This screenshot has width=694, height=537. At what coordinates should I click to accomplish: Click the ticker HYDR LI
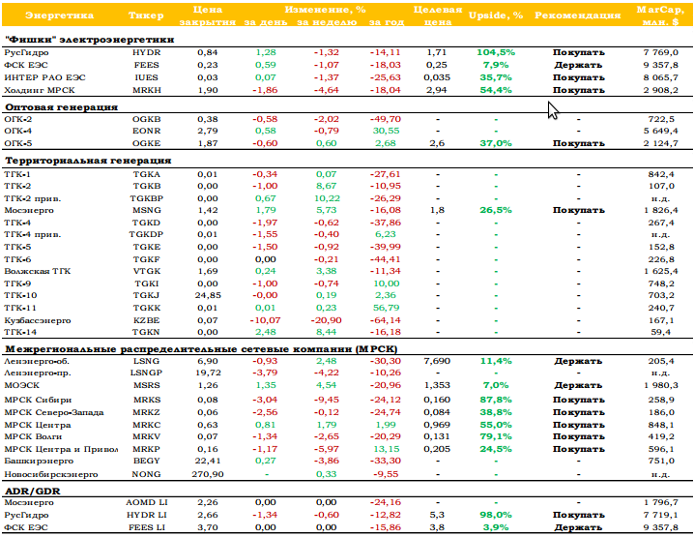[x=147, y=515]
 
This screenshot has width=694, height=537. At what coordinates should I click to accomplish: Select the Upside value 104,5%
[x=496, y=52]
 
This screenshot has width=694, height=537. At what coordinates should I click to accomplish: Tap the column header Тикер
[x=146, y=15]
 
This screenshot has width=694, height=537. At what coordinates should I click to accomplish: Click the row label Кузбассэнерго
[x=38, y=320]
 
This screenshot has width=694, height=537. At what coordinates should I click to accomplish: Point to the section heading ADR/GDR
[x=32, y=491]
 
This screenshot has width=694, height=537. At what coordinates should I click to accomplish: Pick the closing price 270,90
[x=208, y=474]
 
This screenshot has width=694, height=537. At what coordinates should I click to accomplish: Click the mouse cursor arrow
[x=552, y=110]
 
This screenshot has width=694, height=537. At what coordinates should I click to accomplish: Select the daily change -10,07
[x=265, y=320]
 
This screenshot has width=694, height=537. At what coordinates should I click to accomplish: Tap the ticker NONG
[x=147, y=474]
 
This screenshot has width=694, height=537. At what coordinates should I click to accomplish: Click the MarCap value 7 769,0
[x=661, y=52]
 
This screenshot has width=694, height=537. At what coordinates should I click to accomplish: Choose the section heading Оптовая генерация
[x=61, y=107]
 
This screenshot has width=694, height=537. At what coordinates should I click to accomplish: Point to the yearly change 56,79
[x=387, y=308]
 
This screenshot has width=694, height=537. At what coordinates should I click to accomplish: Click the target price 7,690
[x=437, y=361]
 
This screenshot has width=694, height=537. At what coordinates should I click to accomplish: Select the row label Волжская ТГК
[x=38, y=271]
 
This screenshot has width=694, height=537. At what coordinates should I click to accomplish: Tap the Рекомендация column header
[x=578, y=15]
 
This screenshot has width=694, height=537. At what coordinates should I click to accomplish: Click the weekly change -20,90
[x=326, y=320]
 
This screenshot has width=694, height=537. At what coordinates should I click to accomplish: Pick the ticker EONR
[x=147, y=132]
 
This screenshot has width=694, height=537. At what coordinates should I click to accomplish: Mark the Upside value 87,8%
[x=496, y=400]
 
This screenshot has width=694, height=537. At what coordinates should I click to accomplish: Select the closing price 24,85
[x=208, y=295]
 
